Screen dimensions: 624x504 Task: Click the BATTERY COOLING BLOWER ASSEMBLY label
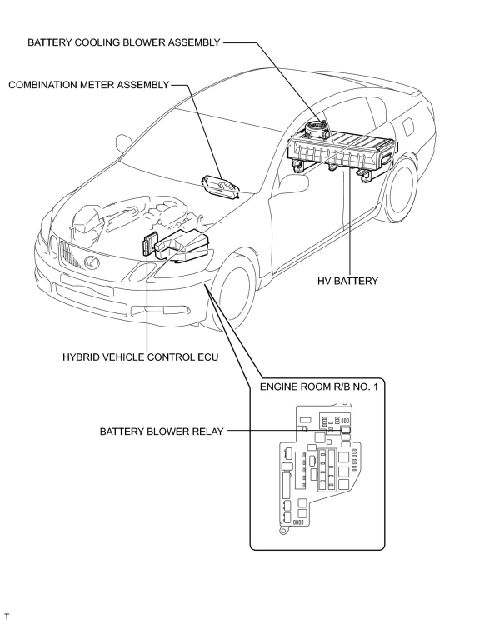[123, 42]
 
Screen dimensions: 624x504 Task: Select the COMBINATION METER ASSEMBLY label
[89, 85]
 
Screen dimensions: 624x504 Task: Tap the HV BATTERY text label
[347, 281]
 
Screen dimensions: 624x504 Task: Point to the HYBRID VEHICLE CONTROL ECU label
[140, 357]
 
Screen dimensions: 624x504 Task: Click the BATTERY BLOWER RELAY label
[162, 431]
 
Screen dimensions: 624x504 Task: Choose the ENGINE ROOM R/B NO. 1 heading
[319, 387]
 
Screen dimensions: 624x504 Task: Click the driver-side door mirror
[123, 143]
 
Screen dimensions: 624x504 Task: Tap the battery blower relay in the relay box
[345, 430]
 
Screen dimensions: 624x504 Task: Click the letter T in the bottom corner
[7, 616]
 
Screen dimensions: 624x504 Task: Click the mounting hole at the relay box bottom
[283, 531]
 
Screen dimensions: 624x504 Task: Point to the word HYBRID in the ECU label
[79, 357]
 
